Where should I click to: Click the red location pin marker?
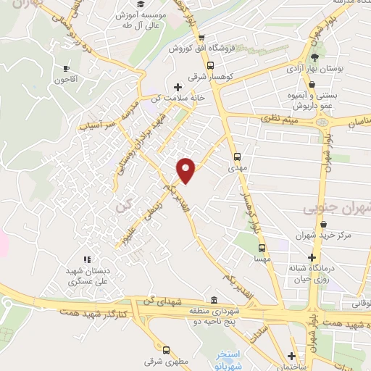click(x=186, y=169)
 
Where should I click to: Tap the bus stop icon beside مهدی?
click(x=238, y=155)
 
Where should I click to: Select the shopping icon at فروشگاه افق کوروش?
click(x=201, y=38)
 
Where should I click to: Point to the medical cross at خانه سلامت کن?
click(x=178, y=87)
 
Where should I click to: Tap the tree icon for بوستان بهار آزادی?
click(x=313, y=57)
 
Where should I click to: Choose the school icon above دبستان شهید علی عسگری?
click(x=88, y=259)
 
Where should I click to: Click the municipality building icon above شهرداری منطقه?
click(x=213, y=301)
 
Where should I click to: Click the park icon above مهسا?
click(x=262, y=248)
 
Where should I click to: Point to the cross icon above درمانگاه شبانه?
click(x=312, y=257)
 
